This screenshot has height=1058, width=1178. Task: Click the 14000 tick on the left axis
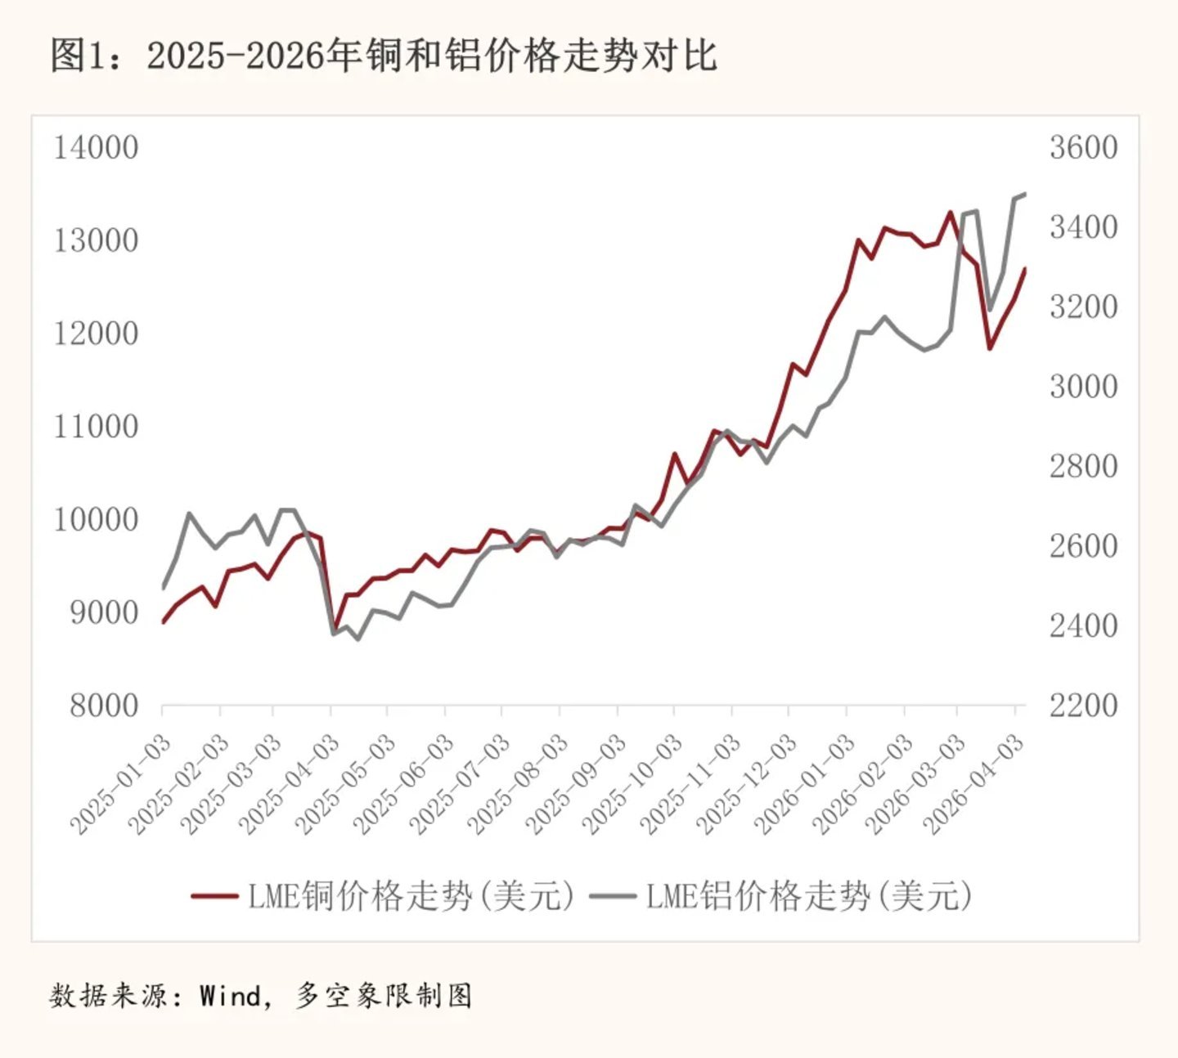click(96, 148)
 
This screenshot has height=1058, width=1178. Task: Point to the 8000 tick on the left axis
click(104, 706)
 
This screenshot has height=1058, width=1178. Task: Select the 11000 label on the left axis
click(96, 427)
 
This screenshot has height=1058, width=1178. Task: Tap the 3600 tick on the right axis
click(1083, 148)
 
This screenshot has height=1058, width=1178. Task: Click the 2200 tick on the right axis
click(1083, 706)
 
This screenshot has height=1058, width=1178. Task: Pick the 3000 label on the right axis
click(1083, 387)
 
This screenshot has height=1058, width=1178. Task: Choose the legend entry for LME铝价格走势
click(781, 896)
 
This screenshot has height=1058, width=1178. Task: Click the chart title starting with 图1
click(384, 56)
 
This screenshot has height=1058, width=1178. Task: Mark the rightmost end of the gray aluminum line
click(1025, 194)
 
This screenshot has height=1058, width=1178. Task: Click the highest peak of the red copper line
click(951, 213)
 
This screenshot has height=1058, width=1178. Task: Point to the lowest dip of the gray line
click(357, 639)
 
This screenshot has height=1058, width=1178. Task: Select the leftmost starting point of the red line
click(163, 623)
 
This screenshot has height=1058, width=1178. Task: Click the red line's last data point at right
click(1025, 268)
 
